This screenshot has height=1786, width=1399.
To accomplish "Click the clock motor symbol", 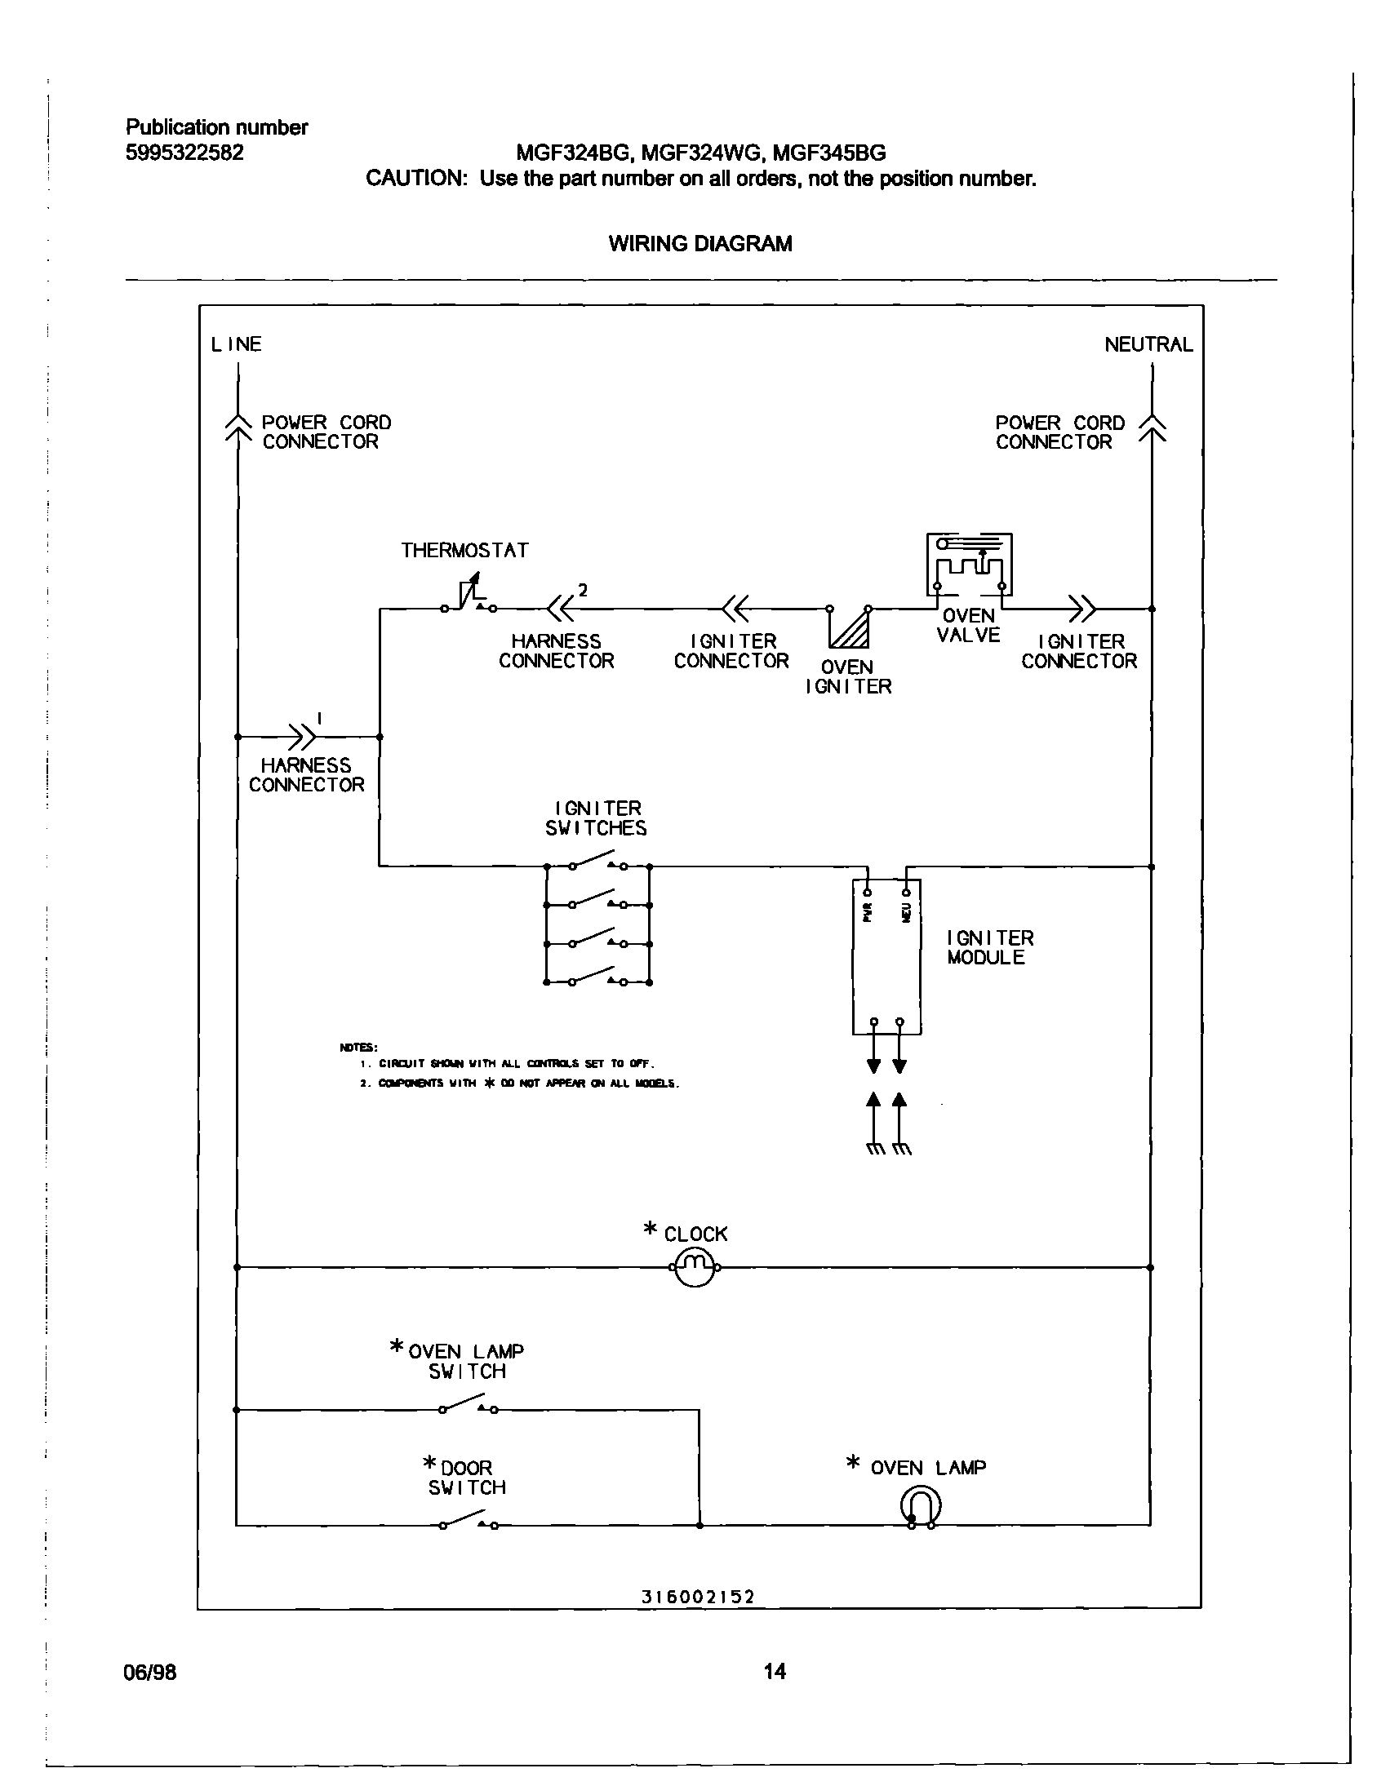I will pos(694,1268).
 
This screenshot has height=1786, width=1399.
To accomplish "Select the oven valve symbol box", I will pos(969,565).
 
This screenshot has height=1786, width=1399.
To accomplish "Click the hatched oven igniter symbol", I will pos(850,629).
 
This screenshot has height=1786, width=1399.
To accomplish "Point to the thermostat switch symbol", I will pos(469,599).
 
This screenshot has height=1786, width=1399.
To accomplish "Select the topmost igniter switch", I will pos(597,862).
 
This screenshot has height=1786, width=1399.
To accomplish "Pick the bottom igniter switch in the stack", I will pos(597,977).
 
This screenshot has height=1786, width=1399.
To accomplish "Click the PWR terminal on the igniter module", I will pos(868,893).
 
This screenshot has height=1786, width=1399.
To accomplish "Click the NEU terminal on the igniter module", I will pos(906,893).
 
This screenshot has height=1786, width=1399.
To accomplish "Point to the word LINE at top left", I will pos(236,345).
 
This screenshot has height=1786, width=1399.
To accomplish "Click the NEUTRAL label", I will pos(1148,345).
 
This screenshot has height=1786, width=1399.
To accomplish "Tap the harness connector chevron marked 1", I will pos(302,736).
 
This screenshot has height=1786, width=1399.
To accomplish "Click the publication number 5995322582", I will pos(184,153).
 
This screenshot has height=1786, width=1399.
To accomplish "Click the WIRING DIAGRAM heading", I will pos(700,244).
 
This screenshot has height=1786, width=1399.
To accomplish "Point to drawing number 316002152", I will pos(698,1597).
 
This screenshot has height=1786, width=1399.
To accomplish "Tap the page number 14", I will pos(775,1670).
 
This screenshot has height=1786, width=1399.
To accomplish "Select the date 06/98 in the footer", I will pos(150,1671).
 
